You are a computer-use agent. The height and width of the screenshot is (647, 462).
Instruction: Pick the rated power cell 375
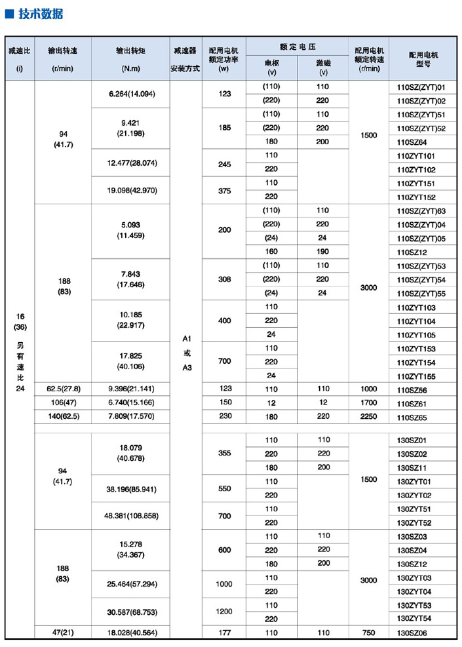(225, 190)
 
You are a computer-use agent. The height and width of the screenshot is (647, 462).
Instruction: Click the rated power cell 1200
(225, 612)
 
